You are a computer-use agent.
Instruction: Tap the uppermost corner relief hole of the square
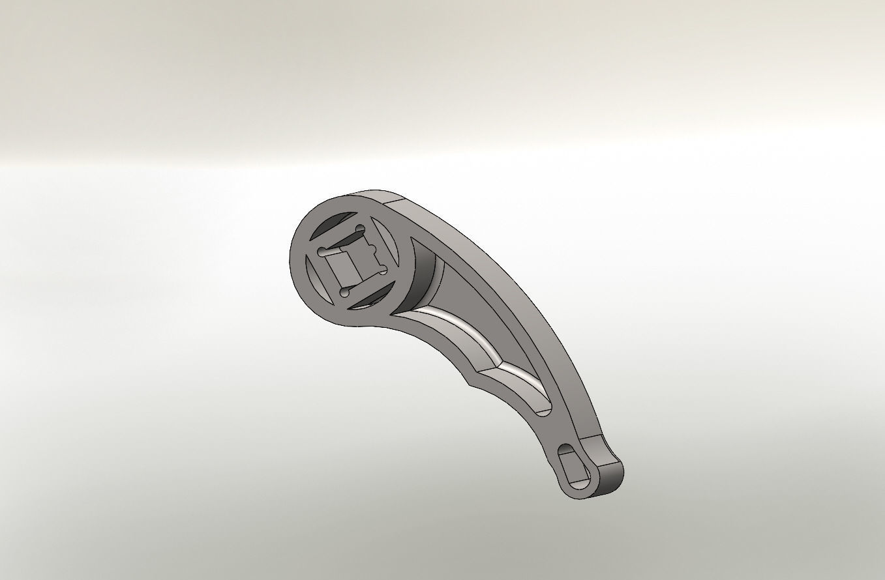360,229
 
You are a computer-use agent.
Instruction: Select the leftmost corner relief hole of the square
321,251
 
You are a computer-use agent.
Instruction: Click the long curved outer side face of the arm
522,287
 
